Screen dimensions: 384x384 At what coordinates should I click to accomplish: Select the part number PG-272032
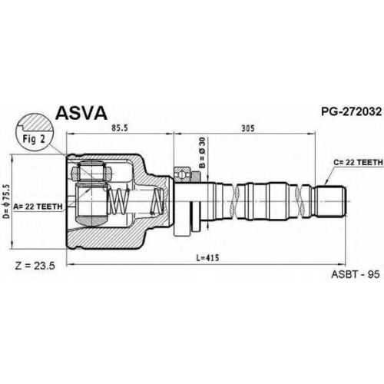click(x=352, y=111)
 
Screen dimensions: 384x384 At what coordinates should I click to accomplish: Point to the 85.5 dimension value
click(x=120, y=128)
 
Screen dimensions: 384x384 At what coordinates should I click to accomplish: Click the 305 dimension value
click(x=248, y=128)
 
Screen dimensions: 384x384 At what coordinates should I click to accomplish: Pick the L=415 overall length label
click(x=207, y=258)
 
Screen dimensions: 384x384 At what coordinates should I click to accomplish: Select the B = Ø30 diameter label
click(x=202, y=153)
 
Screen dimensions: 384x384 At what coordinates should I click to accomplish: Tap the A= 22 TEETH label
click(x=38, y=207)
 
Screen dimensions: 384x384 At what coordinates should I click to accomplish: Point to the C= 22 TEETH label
click(x=358, y=162)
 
